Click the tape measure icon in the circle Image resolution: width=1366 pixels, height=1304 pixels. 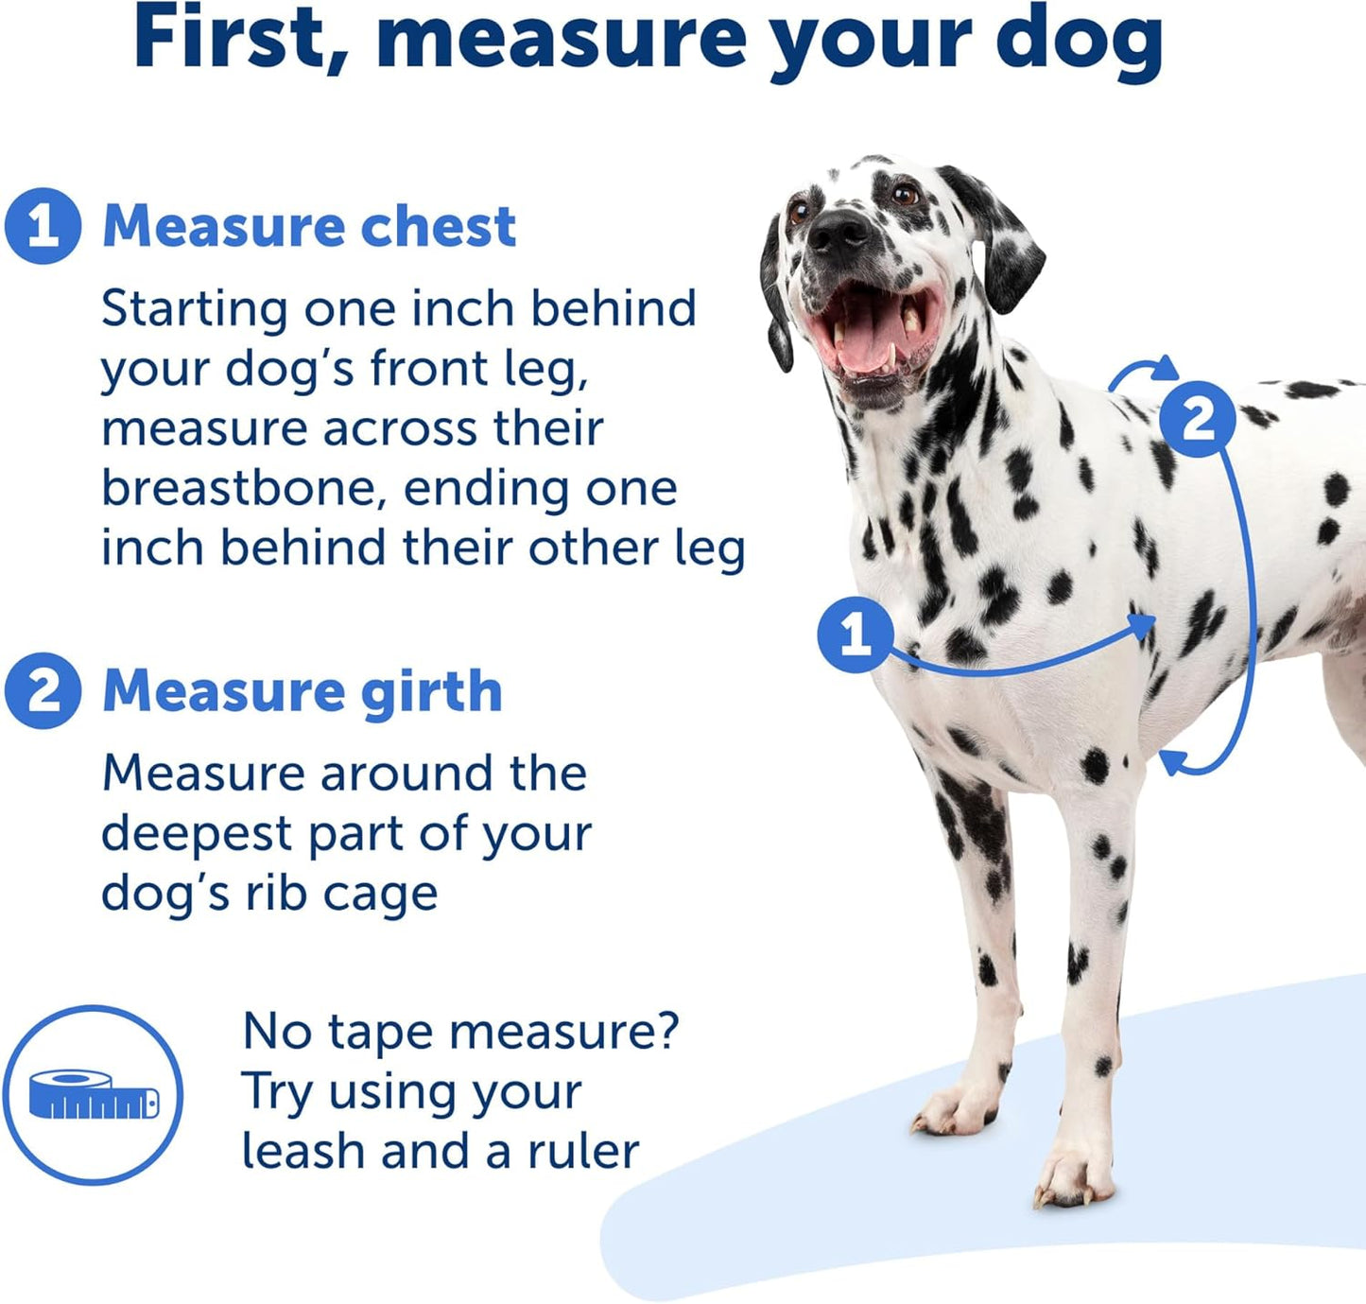coord(93,1095)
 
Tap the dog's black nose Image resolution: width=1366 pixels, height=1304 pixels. coord(839,230)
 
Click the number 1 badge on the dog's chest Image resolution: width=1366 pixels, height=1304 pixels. coord(856,634)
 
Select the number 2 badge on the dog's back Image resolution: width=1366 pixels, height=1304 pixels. coord(1198,419)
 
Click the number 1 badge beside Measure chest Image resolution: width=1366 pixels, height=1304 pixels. coord(43,226)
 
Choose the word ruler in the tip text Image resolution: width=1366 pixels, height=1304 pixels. coord(583,1151)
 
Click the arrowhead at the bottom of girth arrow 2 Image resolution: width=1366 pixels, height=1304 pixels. coord(1171,760)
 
